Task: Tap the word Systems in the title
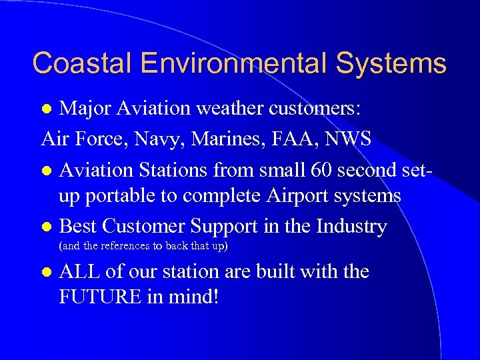[x=391, y=63]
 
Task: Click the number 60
[x=323, y=171]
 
